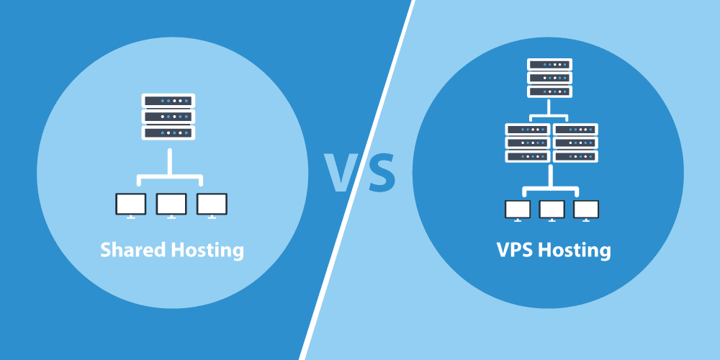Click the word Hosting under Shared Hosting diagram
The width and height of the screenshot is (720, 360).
(207, 251)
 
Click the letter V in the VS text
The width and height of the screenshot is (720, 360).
(344, 174)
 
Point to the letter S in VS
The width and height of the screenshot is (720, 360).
(382, 174)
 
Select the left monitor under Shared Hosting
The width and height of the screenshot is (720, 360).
(130, 204)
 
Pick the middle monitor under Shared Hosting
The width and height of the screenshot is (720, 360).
(171, 204)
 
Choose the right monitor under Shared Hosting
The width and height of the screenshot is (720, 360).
(211, 204)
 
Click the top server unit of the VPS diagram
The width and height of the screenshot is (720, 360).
(549, 65)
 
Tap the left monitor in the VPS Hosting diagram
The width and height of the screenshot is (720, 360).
(518, 210)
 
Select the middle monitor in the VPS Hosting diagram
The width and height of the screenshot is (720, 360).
(552, 210)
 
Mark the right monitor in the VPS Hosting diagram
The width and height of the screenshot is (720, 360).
(586, 210)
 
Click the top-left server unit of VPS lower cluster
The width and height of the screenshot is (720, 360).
(528, 130)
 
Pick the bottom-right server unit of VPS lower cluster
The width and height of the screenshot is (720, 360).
(575, 156)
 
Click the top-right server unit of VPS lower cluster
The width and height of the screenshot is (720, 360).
(575, 130)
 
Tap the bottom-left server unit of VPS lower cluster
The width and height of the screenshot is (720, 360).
(528, 156)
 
